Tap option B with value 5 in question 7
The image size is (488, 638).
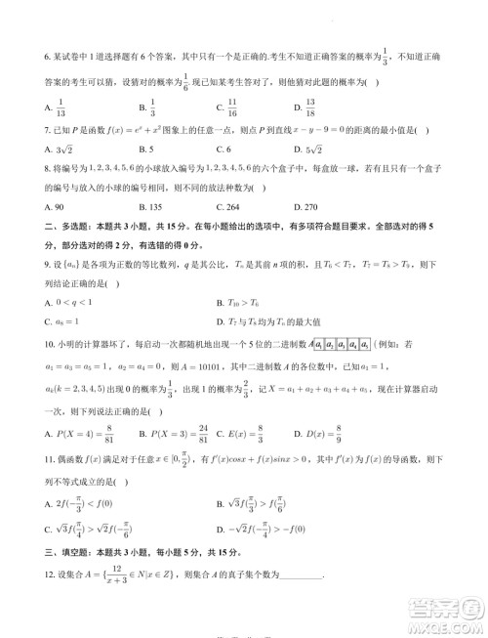coord(145,149)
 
